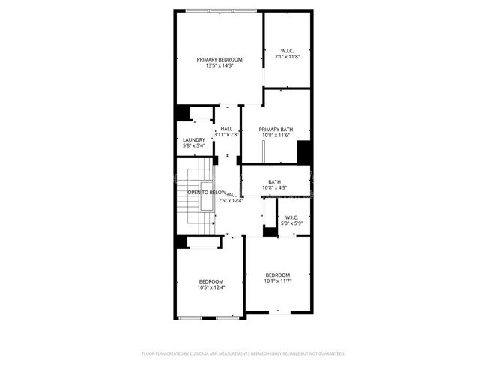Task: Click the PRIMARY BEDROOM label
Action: pos(220,59)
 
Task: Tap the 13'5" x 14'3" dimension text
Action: pos(220,66)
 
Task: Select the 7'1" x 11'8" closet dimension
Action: pos(288,57)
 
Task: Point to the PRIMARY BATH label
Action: pos(276,129)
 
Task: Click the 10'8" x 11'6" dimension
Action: pos(276,136)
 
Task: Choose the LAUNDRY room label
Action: pos(194,139)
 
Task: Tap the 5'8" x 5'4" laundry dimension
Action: pos(194,145)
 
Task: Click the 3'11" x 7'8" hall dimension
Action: pos(226,135)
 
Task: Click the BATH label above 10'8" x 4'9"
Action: pos(275,181)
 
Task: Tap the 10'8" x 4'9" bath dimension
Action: pos(275,187)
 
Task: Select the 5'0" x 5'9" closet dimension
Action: pos(291,223)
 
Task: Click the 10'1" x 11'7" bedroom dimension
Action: pos(277,281)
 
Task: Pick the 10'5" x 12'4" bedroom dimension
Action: pos(211,287)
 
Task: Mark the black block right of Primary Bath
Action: pos(303,151)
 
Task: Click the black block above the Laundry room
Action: pos(182,112)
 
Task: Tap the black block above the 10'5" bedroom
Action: pos(181,241)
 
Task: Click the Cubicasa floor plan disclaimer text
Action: pos(243,352)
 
